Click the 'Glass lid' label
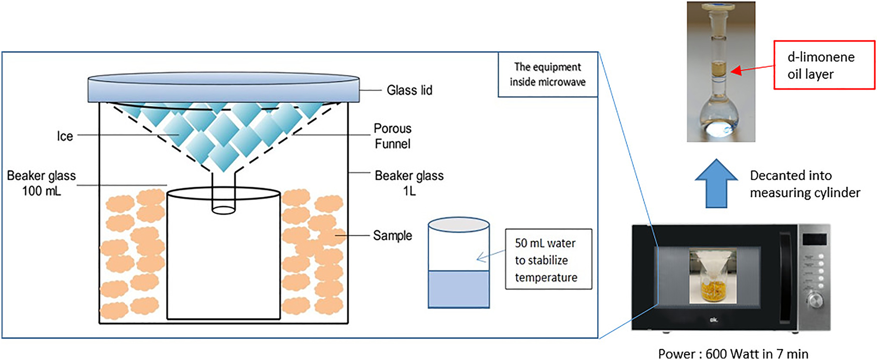pos(409,90)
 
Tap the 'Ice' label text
pos(65,136)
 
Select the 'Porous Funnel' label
pos(392,136)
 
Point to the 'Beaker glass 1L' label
pos(409,183)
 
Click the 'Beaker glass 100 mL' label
pos(42,183)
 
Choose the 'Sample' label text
pos(392,236)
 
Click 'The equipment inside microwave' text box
pos(548,74)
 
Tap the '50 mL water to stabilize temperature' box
pos(548,259)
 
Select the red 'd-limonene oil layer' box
pos(824,65)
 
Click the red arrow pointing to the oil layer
pos(751,69)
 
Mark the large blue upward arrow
pos(716,184)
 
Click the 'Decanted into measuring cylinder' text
pos(805,184)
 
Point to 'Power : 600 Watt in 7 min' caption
pos(733,354)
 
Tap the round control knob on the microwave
pos(815,301)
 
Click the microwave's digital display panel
pos(814,239)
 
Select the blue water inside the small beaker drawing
pos(458,288)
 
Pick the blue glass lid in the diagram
pos(223,88)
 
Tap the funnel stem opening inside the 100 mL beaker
pos(224,210)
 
